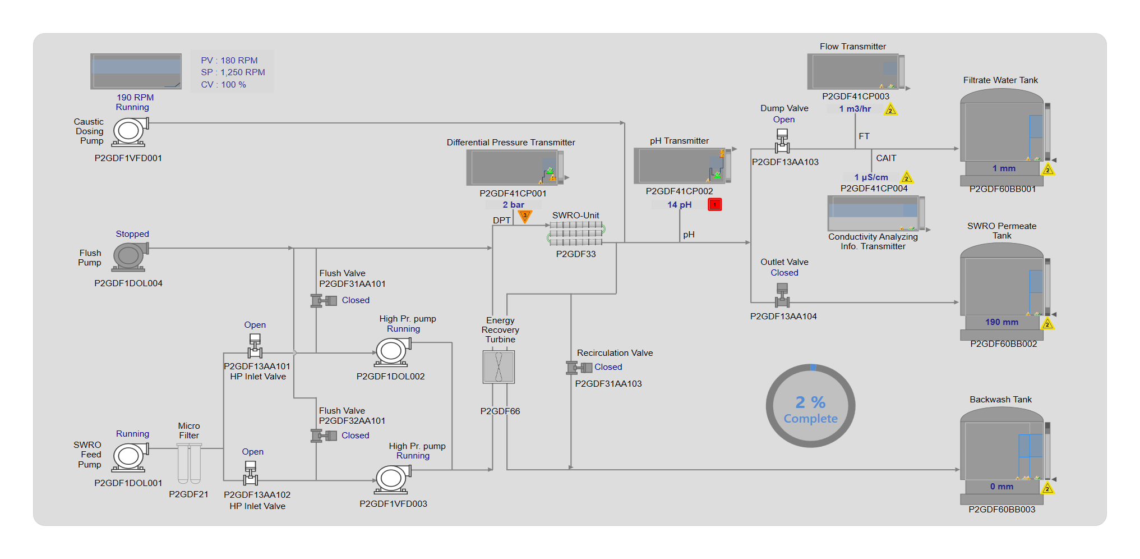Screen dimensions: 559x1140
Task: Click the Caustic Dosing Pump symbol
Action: click(x=130, y=132)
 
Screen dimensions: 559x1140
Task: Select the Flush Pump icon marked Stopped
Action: click(x=130, y=256)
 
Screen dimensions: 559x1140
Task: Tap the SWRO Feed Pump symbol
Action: click(x=130, y=457)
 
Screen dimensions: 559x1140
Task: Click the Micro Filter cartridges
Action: click(x=189, y=463)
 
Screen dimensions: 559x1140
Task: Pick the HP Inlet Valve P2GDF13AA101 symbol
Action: click(x=255, y=346)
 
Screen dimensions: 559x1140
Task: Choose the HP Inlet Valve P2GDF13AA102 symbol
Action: click(x=251, y=473)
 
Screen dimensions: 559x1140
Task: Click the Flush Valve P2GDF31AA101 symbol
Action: click(x=324, y=301)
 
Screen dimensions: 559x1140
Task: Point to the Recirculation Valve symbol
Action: click(x=579, y=368)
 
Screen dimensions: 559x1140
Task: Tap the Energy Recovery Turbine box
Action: click(x=499, y=367)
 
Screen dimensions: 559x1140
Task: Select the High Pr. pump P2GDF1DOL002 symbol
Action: click(x=392, y=352)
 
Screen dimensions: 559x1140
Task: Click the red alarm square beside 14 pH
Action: click(x=714, y=204)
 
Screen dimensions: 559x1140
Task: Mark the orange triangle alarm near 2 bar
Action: click(x=525, y=216)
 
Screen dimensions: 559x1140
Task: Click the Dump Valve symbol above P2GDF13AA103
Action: click(x=782, y=141)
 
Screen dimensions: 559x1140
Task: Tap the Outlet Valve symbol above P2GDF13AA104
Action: click(x=782, y=295)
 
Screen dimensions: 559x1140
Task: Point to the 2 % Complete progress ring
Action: click(x=810, y=406)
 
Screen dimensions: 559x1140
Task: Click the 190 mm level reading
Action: click(x=1001, y=322)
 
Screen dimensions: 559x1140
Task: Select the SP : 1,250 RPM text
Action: click(x=233, y=72)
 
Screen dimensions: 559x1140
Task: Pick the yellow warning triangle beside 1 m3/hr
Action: click(x=890, y=110)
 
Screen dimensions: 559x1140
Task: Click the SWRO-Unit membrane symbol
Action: click(x=576, y=233)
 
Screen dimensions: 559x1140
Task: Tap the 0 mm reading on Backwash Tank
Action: click(x=1001, y=487)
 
